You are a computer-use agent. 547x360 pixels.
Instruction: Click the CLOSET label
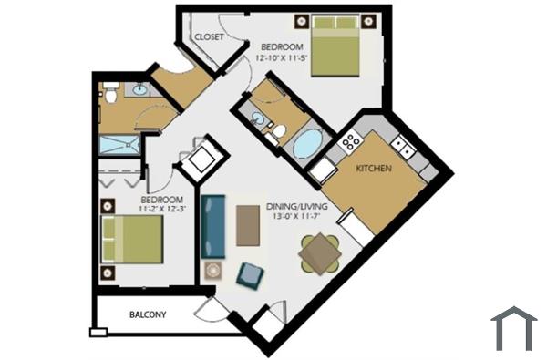tap(209, 36)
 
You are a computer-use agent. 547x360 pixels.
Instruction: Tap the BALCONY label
tap(147, 315)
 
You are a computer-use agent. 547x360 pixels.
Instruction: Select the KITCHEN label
tap(374, 169)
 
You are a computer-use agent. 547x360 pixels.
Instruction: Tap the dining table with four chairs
tap(320, 254)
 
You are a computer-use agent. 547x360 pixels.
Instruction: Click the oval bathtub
tap(307, 144)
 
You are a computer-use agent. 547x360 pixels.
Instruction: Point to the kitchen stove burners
tap(349, 142)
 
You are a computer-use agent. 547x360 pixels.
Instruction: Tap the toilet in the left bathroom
tap(110, 93)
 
